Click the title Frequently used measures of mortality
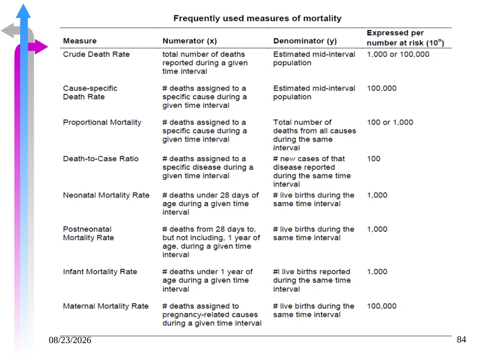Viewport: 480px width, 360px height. [257, 18]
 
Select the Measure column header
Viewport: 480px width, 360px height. [80, 41]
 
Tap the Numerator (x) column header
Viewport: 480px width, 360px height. [189, 41]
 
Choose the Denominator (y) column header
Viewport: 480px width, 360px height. [305, 41]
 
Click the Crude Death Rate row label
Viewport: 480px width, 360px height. [96, 54]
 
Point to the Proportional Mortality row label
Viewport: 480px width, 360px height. [102, 122]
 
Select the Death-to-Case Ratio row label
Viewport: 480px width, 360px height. [101, 158]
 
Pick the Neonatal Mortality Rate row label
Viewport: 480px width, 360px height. [106, 195]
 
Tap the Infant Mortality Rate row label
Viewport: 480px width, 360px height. [100, 272]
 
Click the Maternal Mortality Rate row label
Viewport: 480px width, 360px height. [105, 306]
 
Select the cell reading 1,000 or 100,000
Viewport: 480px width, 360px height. [398, 54]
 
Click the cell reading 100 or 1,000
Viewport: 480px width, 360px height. [390, 122]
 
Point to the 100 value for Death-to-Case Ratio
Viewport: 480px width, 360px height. [374, 158]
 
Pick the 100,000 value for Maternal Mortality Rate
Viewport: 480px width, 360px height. [382, 306]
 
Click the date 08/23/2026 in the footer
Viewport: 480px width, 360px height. [70, 340]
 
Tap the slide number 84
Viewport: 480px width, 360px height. [461, 339]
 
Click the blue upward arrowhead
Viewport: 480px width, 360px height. [23, 11]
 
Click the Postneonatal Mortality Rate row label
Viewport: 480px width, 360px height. [88, 233]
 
